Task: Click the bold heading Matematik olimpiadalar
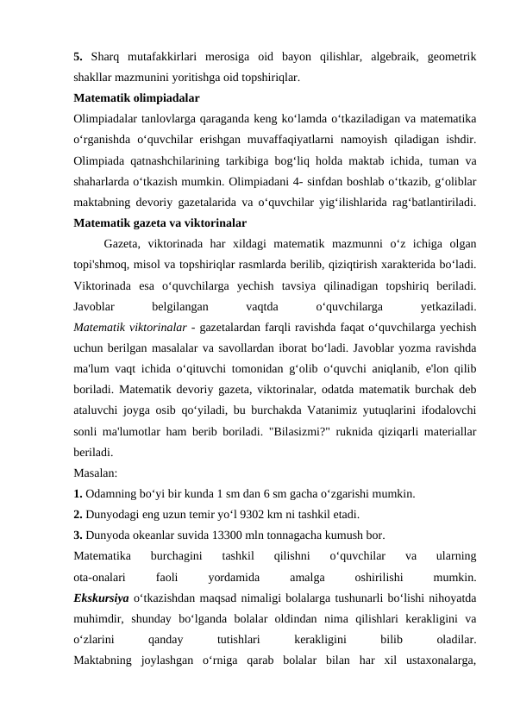[137, 97]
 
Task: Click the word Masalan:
[97, 473]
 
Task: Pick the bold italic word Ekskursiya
[102, 598]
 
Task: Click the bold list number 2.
[79, 515]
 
